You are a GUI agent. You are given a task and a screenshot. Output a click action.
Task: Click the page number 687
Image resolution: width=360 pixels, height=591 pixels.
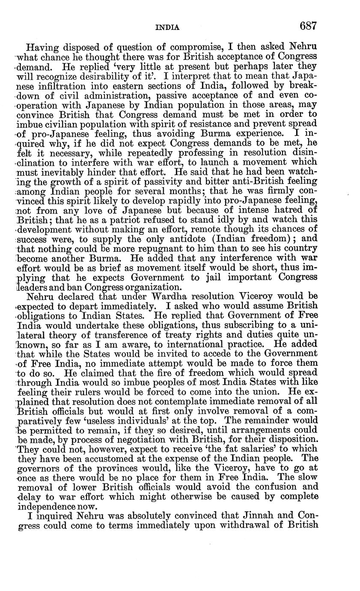[308, 26]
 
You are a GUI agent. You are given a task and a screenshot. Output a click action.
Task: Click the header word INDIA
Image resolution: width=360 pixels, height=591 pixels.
[167, 27]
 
